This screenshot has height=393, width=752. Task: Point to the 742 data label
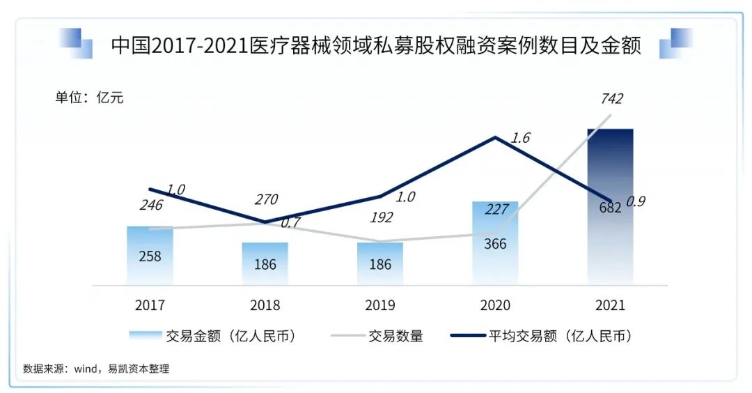pos(611,99)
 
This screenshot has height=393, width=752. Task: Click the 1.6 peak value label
pos(519,138)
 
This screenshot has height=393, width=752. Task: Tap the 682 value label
pos(610,207)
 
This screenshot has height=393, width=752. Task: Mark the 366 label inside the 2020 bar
pos(495,244)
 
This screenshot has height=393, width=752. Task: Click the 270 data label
pos(265,200)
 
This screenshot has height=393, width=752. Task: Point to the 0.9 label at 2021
pos(636,201)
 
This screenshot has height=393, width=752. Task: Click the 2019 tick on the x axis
pos(380,305)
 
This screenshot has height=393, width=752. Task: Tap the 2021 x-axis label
pos(610,305)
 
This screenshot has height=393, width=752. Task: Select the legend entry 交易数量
pos(395,336)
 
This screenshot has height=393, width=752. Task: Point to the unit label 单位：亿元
pos(89,98)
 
